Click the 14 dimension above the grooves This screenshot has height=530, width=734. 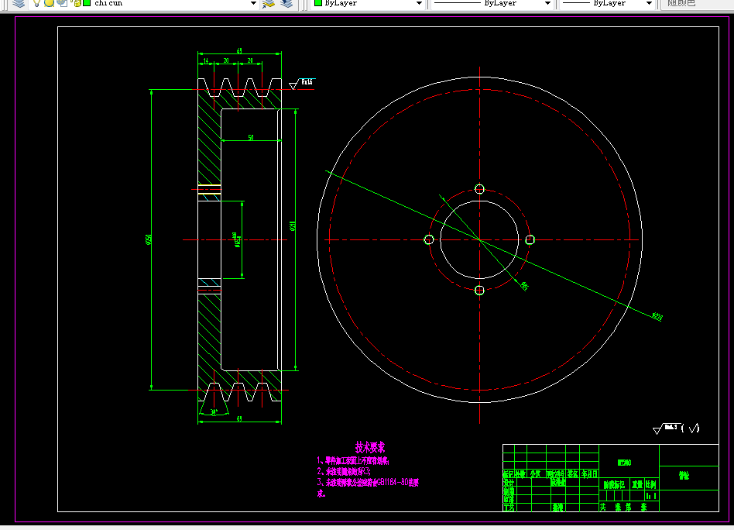[205, 60]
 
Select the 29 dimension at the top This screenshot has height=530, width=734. [250, 60]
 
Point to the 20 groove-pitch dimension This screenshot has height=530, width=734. [225, 60]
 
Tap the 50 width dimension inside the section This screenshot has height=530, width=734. [250, 137]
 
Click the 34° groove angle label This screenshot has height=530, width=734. [213, 412]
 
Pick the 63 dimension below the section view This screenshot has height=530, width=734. [239, 418]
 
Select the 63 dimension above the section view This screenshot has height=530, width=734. [239, 51]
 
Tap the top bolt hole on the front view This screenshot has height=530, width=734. [479, 189]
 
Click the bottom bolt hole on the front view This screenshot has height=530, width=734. [479, 290]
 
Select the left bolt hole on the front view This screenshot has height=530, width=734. [429, 239]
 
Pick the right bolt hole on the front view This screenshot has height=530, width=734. [530, 239]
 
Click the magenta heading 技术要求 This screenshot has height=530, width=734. [370, 447]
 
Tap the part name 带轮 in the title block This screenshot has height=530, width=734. [684, 476]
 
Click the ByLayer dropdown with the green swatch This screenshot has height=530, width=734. [369, 4]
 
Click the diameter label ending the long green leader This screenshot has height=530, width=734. [657, 316]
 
